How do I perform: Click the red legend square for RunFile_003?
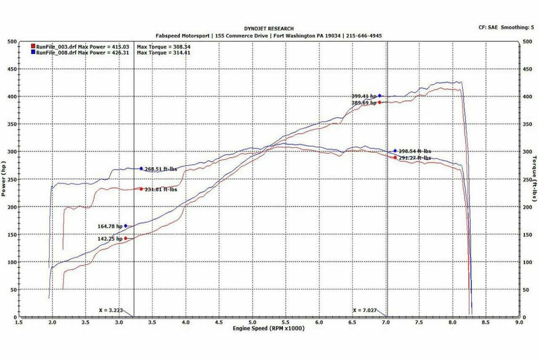click(x=33, y=47)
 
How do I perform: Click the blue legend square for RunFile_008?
click(x=33, y=52)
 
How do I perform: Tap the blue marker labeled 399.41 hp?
click(x=379, y=95)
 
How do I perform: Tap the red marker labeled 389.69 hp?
click(x=379, y=102)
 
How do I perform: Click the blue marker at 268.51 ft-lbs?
click(x=141, y=169)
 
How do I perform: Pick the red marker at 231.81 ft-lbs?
click(x=141, y=189)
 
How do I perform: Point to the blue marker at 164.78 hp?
click(x=126, y=226)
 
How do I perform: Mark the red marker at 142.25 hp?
click(x=126, y=239)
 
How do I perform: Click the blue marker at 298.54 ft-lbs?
click(x=395, y=151)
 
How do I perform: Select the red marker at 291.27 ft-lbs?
click(x=395, y=157)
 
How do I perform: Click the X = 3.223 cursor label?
click(x=111, y=310)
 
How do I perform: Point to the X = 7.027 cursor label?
click(x=364, y=310)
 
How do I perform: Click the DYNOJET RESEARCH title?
click(x=269, y=29)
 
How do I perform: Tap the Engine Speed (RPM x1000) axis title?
click(x=269, y=329)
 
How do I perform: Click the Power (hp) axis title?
click(x=4, y=179)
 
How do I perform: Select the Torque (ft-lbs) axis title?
click(x=534, y=179)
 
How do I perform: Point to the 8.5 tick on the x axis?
click(x=486, y=322)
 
